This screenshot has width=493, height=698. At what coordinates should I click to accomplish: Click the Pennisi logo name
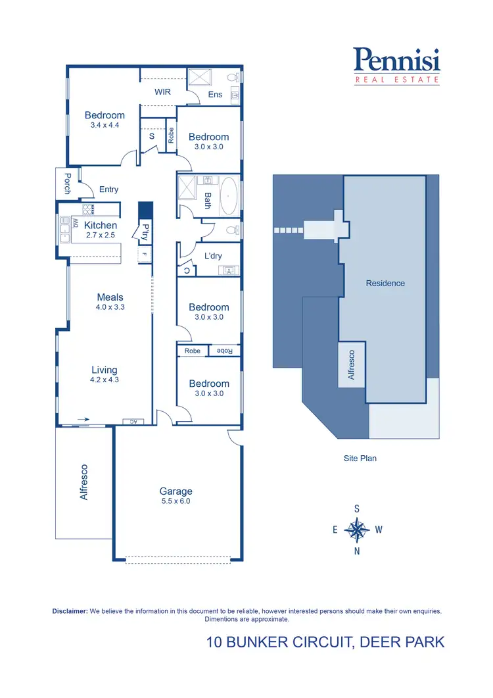pos(396,61)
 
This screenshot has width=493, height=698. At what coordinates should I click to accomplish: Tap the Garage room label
pos(176,491)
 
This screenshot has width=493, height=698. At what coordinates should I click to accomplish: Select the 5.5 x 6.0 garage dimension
pos(176,501)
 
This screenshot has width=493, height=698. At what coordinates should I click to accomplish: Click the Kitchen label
pos(101,225)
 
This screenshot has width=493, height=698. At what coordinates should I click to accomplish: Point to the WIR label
pos(162,91)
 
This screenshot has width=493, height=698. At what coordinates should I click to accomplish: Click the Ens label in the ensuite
pos(215,94)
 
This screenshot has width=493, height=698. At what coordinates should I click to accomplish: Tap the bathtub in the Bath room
pos(229,196)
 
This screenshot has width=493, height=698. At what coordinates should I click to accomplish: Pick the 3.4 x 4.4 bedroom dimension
pos(105,125)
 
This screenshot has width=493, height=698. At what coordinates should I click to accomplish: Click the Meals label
pos(110,297)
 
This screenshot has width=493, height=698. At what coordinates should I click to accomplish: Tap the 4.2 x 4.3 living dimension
pos(105,380)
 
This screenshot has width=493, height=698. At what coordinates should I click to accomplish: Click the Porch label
pos(67,183)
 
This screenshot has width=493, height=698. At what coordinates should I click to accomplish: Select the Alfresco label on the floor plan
pos(83,482)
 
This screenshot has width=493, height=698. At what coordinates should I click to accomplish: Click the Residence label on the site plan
pos(385,283)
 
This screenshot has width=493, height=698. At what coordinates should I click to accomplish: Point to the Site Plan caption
pos(360,459)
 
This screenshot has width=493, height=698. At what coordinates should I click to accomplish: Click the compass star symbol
pos(357,529)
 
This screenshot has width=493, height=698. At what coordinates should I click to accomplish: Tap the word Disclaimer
pos(70,611)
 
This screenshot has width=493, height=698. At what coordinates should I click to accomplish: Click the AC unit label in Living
pos(133,422)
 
